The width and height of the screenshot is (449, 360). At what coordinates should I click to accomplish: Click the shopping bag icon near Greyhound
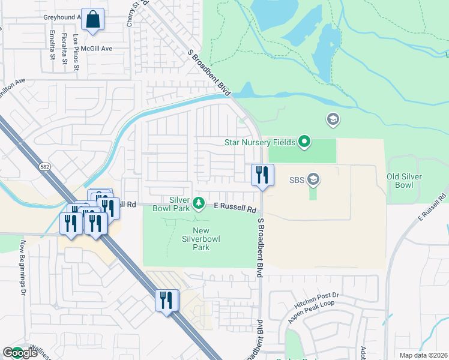93,19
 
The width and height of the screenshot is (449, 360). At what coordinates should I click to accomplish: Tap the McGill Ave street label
98,49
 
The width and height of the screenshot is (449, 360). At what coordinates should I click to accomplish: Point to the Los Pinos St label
76,52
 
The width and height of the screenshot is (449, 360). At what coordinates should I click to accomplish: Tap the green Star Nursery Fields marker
305,142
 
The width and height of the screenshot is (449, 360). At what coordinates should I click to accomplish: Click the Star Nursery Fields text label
259,142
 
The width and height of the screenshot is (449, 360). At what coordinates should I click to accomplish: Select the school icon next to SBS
312,179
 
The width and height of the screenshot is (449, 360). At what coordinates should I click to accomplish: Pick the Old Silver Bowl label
404,181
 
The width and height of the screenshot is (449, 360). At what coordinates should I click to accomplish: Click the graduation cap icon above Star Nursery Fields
332,121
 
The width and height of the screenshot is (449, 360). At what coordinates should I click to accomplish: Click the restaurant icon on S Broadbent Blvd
262,175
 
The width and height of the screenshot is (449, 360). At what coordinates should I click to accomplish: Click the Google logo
20,353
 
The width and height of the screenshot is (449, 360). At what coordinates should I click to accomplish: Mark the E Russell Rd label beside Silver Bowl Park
236,207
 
